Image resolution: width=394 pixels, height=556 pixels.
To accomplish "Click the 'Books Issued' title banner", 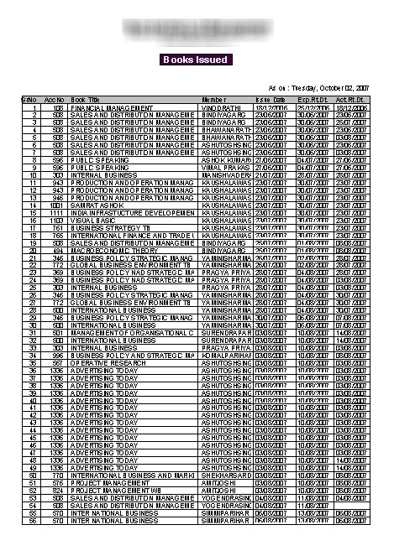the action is click(195, 60).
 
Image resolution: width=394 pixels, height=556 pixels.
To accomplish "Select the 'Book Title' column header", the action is click(86, 100).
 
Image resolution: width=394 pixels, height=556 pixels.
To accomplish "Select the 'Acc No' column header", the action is click(55, 100).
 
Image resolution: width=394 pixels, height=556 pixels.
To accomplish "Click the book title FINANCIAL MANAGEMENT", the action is click(111, 107).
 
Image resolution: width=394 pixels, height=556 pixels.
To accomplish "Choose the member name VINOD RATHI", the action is click(220, 107).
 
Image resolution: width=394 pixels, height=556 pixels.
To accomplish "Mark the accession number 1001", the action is click(56, 204).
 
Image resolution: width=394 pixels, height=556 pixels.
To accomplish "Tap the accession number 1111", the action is click(56, 211).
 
